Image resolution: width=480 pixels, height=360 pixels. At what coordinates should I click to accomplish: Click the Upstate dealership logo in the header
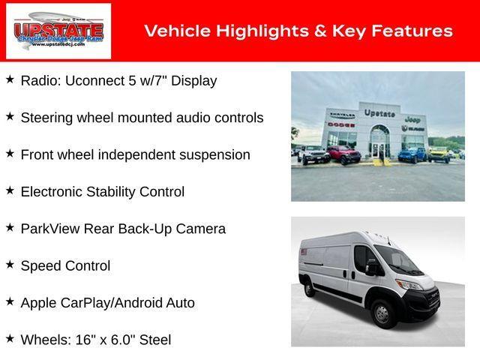pyautogui.click(x=58, y=31)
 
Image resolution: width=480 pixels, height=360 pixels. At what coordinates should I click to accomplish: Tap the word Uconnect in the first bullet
pyautogui.click(x=95, y=81)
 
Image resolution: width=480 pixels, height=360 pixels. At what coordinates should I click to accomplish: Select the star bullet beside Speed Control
pyautogui.click(x=10, y=264)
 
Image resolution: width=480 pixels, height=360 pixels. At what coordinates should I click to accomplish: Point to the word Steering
pyautogui.click(x=46, y=118)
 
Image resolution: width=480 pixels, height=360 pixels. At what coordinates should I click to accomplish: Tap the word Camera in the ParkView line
pyautogui.click(x=201, y=229)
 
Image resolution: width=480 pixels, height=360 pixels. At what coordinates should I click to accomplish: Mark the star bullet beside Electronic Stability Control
pyautogui.click(x=10, y=190)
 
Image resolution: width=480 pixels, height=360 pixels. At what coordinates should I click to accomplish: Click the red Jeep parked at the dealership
pyautogui.click(x=343, y=155)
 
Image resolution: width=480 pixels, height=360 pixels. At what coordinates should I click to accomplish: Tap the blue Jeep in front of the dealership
pyautogui.click(x=411, y=154)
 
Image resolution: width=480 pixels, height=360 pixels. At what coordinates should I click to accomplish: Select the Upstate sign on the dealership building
pyautogui.click(x=379, y=113)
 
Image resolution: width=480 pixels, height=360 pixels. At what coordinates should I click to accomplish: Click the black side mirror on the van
pyautogui.click(x=370, y=268)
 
